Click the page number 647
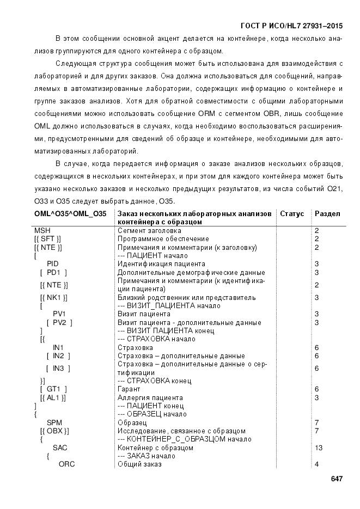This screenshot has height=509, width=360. point(336,479)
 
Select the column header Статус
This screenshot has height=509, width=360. point(292,214)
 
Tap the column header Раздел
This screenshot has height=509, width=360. point(327,214)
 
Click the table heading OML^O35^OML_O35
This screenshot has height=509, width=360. point(70,214)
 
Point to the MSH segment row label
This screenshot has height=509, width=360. point(42,231)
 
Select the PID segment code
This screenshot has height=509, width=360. point(53,264)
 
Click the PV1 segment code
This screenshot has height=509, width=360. point(59,314)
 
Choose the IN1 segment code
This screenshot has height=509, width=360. point(58,347)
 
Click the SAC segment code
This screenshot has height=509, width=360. point(60,447)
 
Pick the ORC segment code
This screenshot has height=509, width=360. point(66,464)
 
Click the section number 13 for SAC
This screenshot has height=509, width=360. point(319,447)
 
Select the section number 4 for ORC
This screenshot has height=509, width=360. point(316,464)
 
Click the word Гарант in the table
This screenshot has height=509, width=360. point(129,389)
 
